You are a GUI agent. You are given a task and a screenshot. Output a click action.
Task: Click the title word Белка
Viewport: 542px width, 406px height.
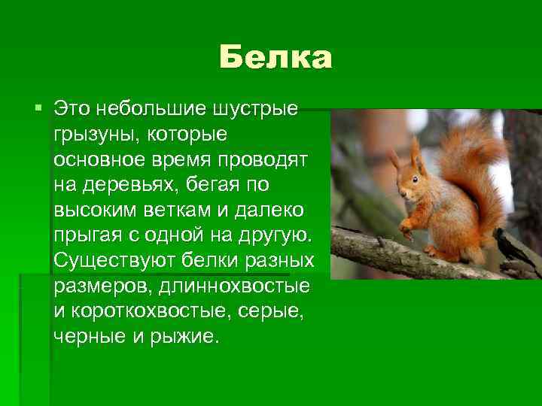coord(276,58)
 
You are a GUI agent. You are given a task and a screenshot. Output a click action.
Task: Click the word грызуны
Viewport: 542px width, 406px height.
coord(87,136)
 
